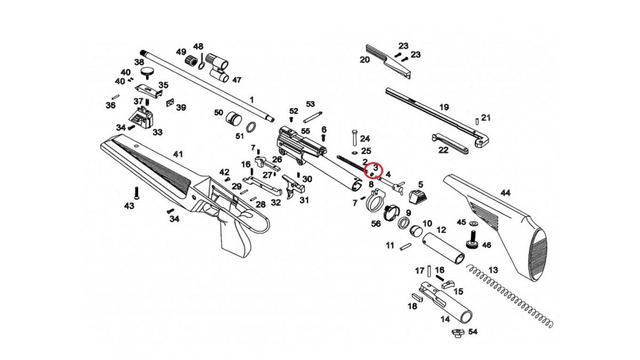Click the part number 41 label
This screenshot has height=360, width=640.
tap(178, 154)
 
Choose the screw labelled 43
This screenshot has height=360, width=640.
tap(137, 193)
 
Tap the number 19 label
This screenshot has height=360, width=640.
tap(444, 107)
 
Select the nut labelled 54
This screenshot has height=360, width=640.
tap(456, 333)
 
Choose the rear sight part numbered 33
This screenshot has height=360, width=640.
tap(141, 117)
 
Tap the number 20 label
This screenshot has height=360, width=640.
tap(365, 60)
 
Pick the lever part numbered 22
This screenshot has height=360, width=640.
tap(450, 145)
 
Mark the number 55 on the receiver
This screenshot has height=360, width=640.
tap(306, 131)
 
